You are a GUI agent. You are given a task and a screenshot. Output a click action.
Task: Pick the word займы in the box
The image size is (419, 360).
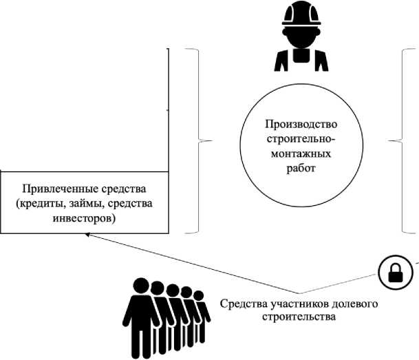(x=94, y=204)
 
